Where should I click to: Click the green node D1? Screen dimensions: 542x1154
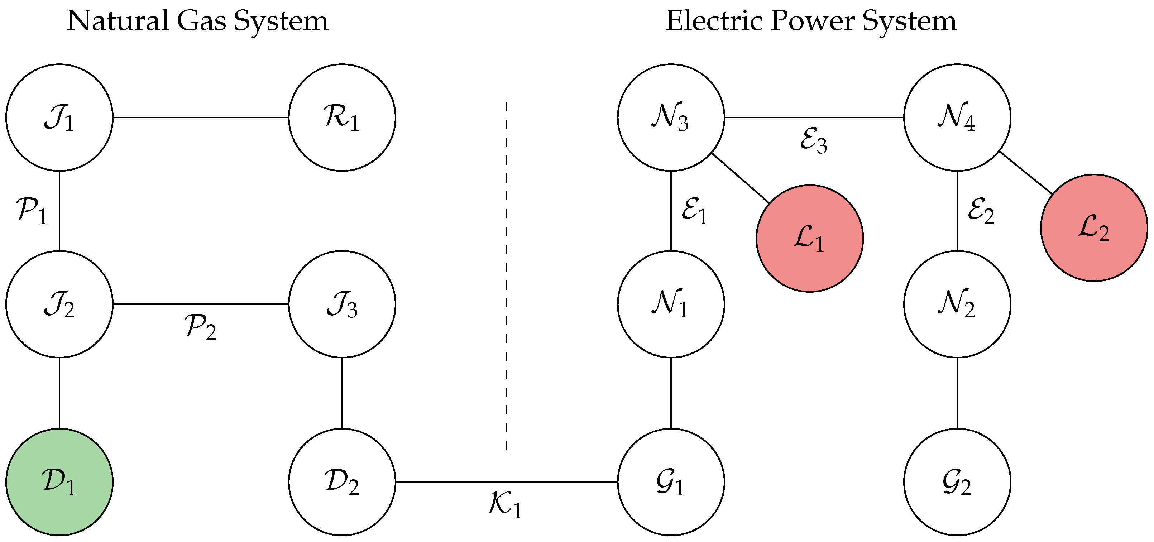pyautogui.click(x=59, y=482)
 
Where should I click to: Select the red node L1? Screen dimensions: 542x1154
pyautogui.click(x=809, y=238)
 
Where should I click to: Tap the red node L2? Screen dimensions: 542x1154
pyautogui.click(x=1094, y=227)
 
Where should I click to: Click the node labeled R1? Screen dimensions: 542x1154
pyautogui.click(x=342, y=117)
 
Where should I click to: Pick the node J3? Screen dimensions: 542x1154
pyautogui.click(x=342, y=304)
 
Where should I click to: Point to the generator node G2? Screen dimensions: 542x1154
pyautogui.click(x=957, y=482)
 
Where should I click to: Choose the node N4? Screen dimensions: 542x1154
pyautogui.click(x=957, y=117)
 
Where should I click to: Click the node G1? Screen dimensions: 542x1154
pyautogui.click(x=671, y=482)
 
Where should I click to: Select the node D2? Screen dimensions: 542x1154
pyautogui.click(x=342, y=482)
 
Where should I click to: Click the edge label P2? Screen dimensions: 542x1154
pyautogui.click(x=200, y=327)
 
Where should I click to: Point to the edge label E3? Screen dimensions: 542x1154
pyautogui.click(x=813, y=141)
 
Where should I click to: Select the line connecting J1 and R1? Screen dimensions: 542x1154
pyautogui.click(x=200, y=117)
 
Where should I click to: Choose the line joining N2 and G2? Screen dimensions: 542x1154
pyautogui.click(x=957, y=393)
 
